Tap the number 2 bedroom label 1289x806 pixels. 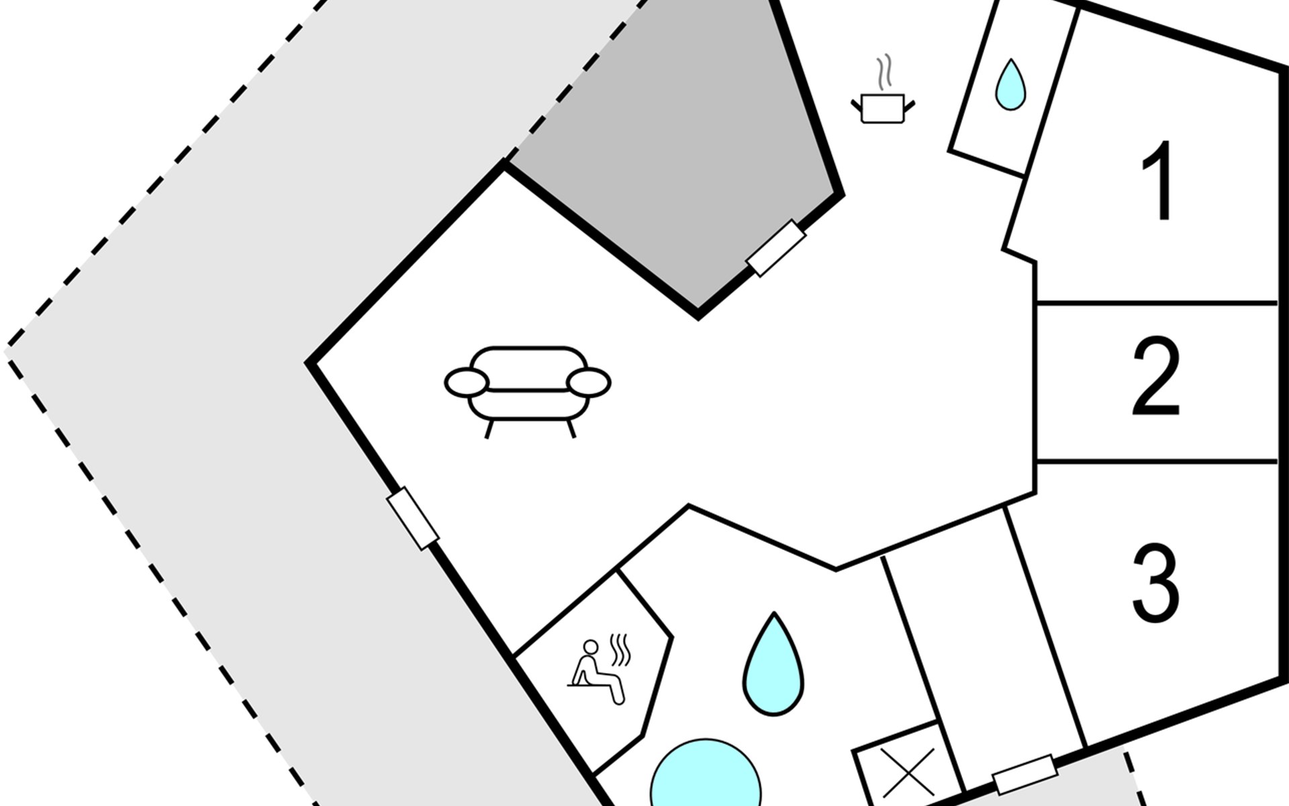click(1155, 378)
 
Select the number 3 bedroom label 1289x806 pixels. click(1155, 582)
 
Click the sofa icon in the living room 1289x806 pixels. click(528, 390)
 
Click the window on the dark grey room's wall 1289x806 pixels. click(776, 248)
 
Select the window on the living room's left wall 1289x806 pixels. click(413, 519)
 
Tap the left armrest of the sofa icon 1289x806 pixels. click(466, 383)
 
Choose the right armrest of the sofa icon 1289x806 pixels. click(589, 383)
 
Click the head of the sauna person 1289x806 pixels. click(590, 647)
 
